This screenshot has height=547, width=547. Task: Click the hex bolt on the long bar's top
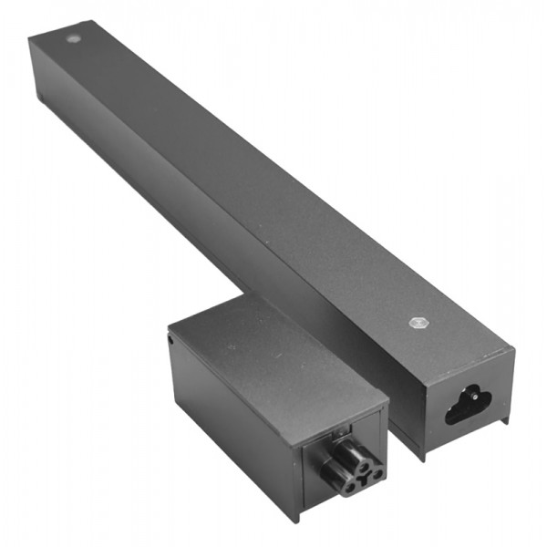pos(418,322)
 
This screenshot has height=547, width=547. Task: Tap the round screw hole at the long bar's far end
pos(73,40)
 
